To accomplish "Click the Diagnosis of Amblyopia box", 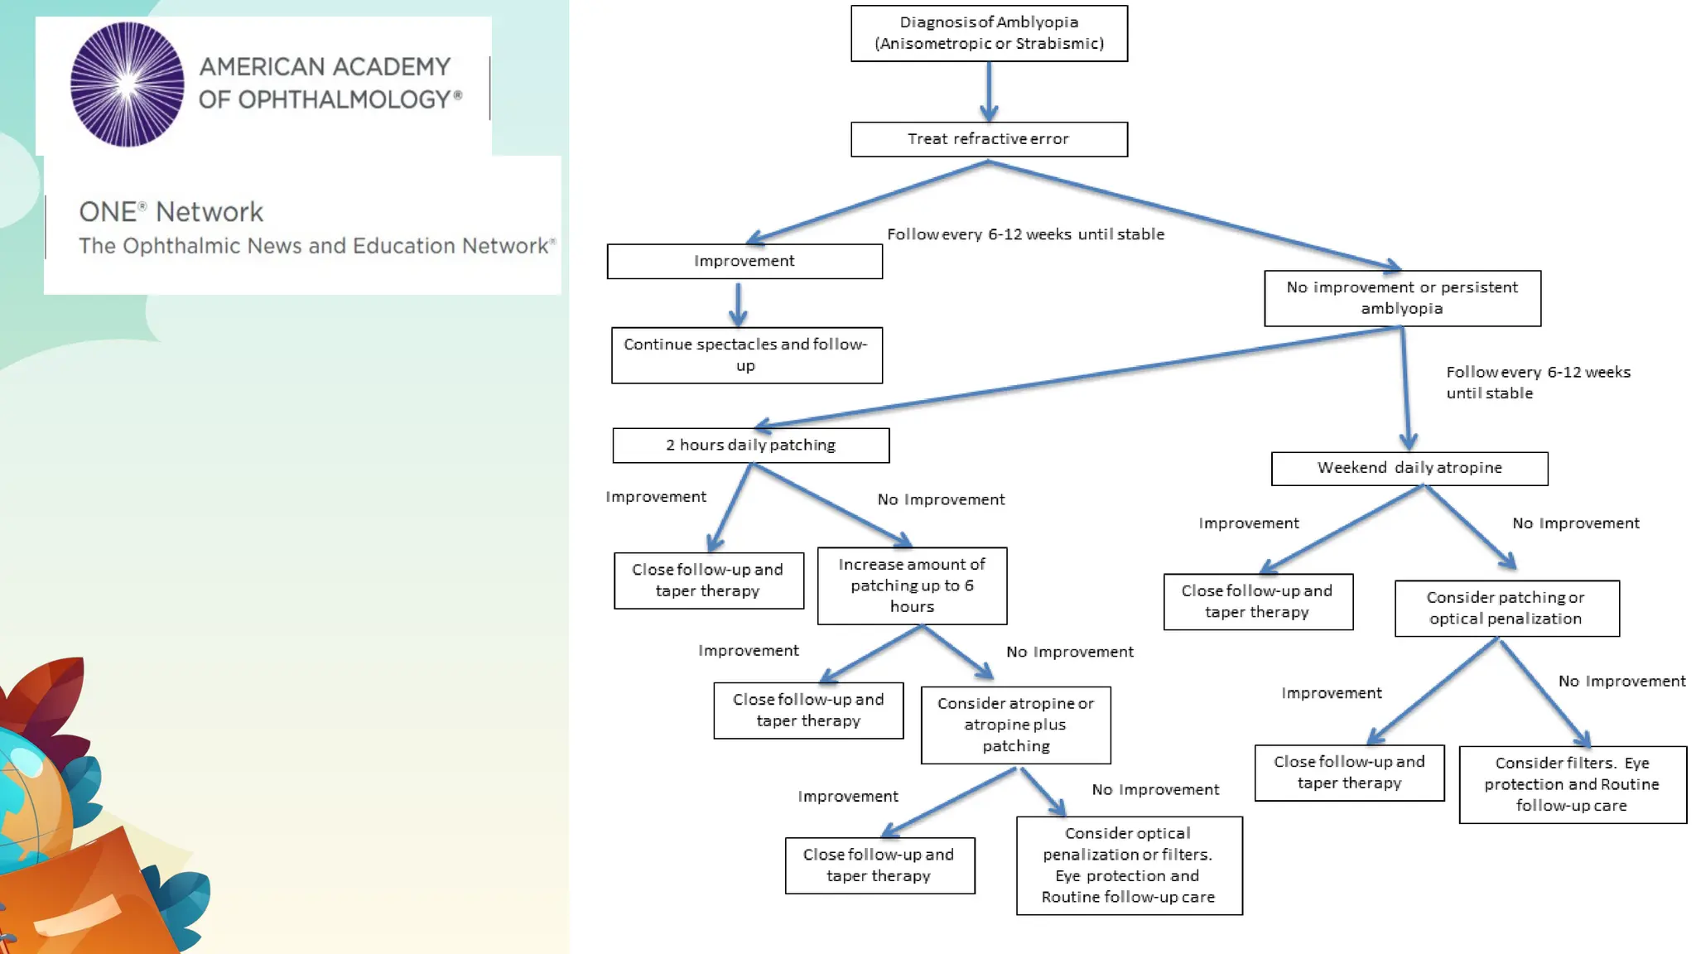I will (989, 33).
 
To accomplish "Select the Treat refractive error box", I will (989, 139).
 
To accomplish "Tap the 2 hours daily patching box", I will (750, 446).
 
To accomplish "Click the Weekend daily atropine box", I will (1409, 468).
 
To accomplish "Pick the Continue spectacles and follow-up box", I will (746, 355).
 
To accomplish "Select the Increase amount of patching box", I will (912, 585).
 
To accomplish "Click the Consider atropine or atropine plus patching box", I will (1015, 725).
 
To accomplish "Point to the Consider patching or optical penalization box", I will (1506, 608).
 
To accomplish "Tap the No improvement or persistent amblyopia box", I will (1402, 298).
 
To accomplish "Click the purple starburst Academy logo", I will (127, 84).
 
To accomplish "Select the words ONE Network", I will (171, 212).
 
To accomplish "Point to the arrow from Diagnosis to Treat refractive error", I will (989, 91).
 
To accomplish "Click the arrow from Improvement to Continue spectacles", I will (738, 303).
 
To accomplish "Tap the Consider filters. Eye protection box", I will (1572, 784).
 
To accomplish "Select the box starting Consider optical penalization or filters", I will (1129, 865).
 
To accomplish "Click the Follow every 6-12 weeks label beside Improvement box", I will (1025, 234).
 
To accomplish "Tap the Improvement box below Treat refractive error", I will (744, 261).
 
